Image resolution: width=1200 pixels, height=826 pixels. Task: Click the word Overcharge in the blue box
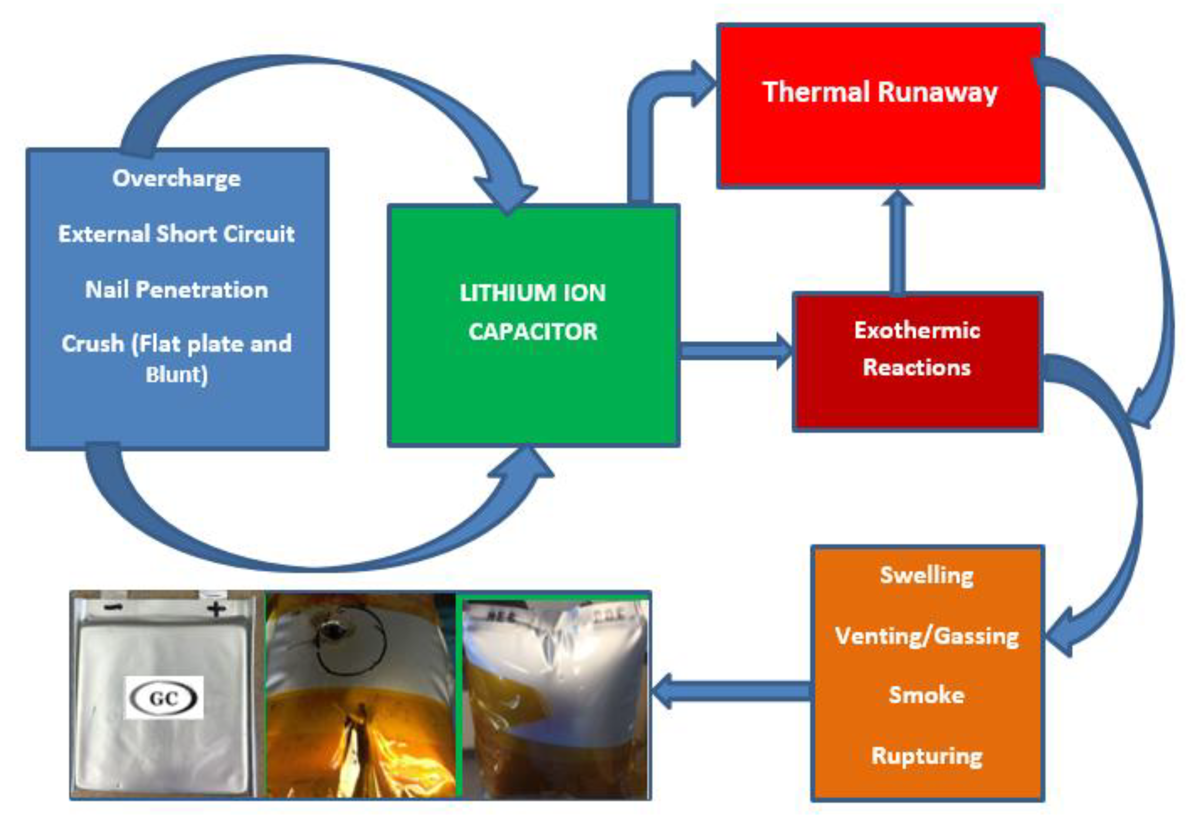tap(176, 179)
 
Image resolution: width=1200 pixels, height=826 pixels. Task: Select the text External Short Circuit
tap(176, 234)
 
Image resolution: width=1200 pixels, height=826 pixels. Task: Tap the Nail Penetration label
tap(176, 289)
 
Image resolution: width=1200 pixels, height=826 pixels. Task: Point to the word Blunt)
tap(176, 375)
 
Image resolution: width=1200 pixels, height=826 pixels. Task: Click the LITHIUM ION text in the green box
tap(533, 294)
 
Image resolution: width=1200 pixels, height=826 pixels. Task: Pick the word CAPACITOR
tap(533, 332)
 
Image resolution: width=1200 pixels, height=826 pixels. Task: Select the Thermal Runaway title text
tap(880, 93)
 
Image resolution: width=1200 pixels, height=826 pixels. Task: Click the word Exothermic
tap(917, 330)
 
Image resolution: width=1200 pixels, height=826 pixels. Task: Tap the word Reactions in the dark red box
tap(917, 368)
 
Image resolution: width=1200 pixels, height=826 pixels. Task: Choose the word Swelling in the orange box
tap(926, 575)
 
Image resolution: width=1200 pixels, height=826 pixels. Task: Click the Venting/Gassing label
tap(926, 636)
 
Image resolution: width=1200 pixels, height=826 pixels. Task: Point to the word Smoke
tap(926, 695)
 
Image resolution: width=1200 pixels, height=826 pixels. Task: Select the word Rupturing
tap(926, 755)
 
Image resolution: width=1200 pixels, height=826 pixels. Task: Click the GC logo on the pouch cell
tap(164, 698)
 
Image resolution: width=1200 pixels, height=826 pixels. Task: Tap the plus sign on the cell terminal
tap(216, 609)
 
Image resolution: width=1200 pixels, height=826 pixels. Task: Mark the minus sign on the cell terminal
tap(113, 606)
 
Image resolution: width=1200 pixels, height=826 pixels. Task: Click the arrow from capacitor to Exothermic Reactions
tap(734, 351)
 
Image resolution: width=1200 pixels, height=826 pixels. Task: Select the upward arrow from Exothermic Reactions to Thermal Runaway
tap(897, 243)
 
